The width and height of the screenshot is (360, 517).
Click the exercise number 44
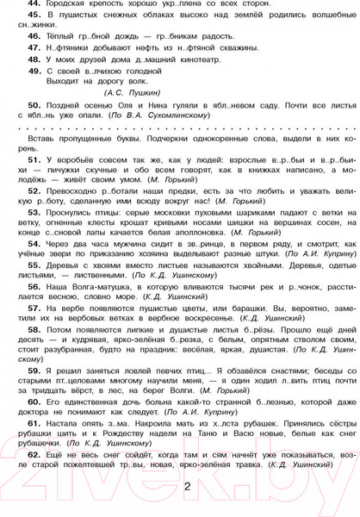34,3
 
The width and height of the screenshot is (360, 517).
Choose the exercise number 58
35,352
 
